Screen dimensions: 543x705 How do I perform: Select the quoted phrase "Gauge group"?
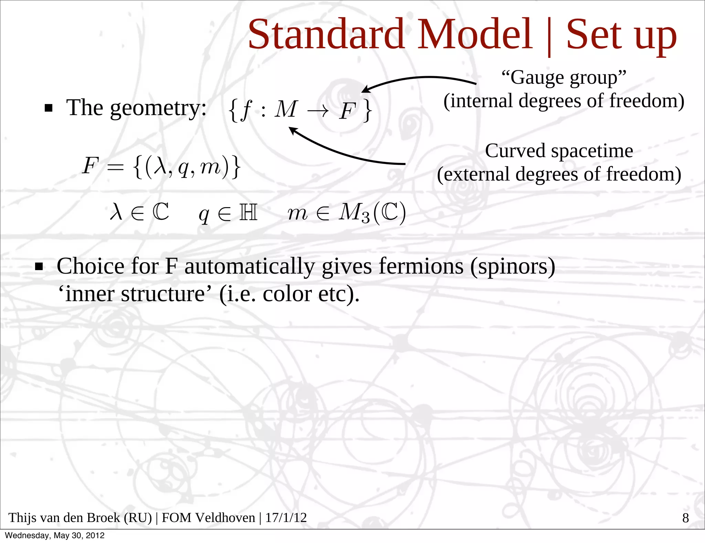(564, 77)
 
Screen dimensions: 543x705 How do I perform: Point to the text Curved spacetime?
(559, 151)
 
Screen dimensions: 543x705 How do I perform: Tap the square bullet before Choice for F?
(39, 267)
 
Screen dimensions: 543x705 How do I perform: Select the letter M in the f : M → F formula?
(285, 109)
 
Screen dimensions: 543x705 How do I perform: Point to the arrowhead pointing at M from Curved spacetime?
(293, 130)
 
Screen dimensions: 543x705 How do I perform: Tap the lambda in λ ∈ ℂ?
(116, 211)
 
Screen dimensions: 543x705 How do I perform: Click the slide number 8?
(685, 518)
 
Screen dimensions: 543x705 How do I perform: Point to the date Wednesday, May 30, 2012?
(55, 535)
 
